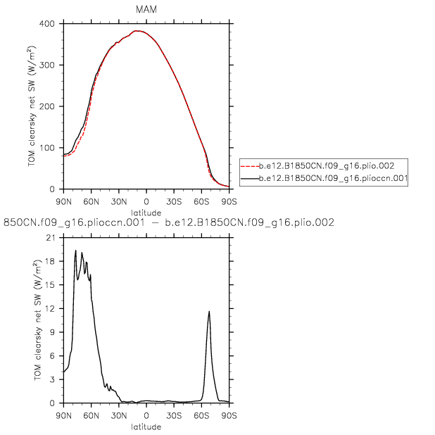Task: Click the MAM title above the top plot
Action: tap(146, 9)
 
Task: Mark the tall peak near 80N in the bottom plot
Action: tap(75, 251)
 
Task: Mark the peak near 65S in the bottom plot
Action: tap(209, 311)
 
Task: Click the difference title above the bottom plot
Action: tap(169, 222)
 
